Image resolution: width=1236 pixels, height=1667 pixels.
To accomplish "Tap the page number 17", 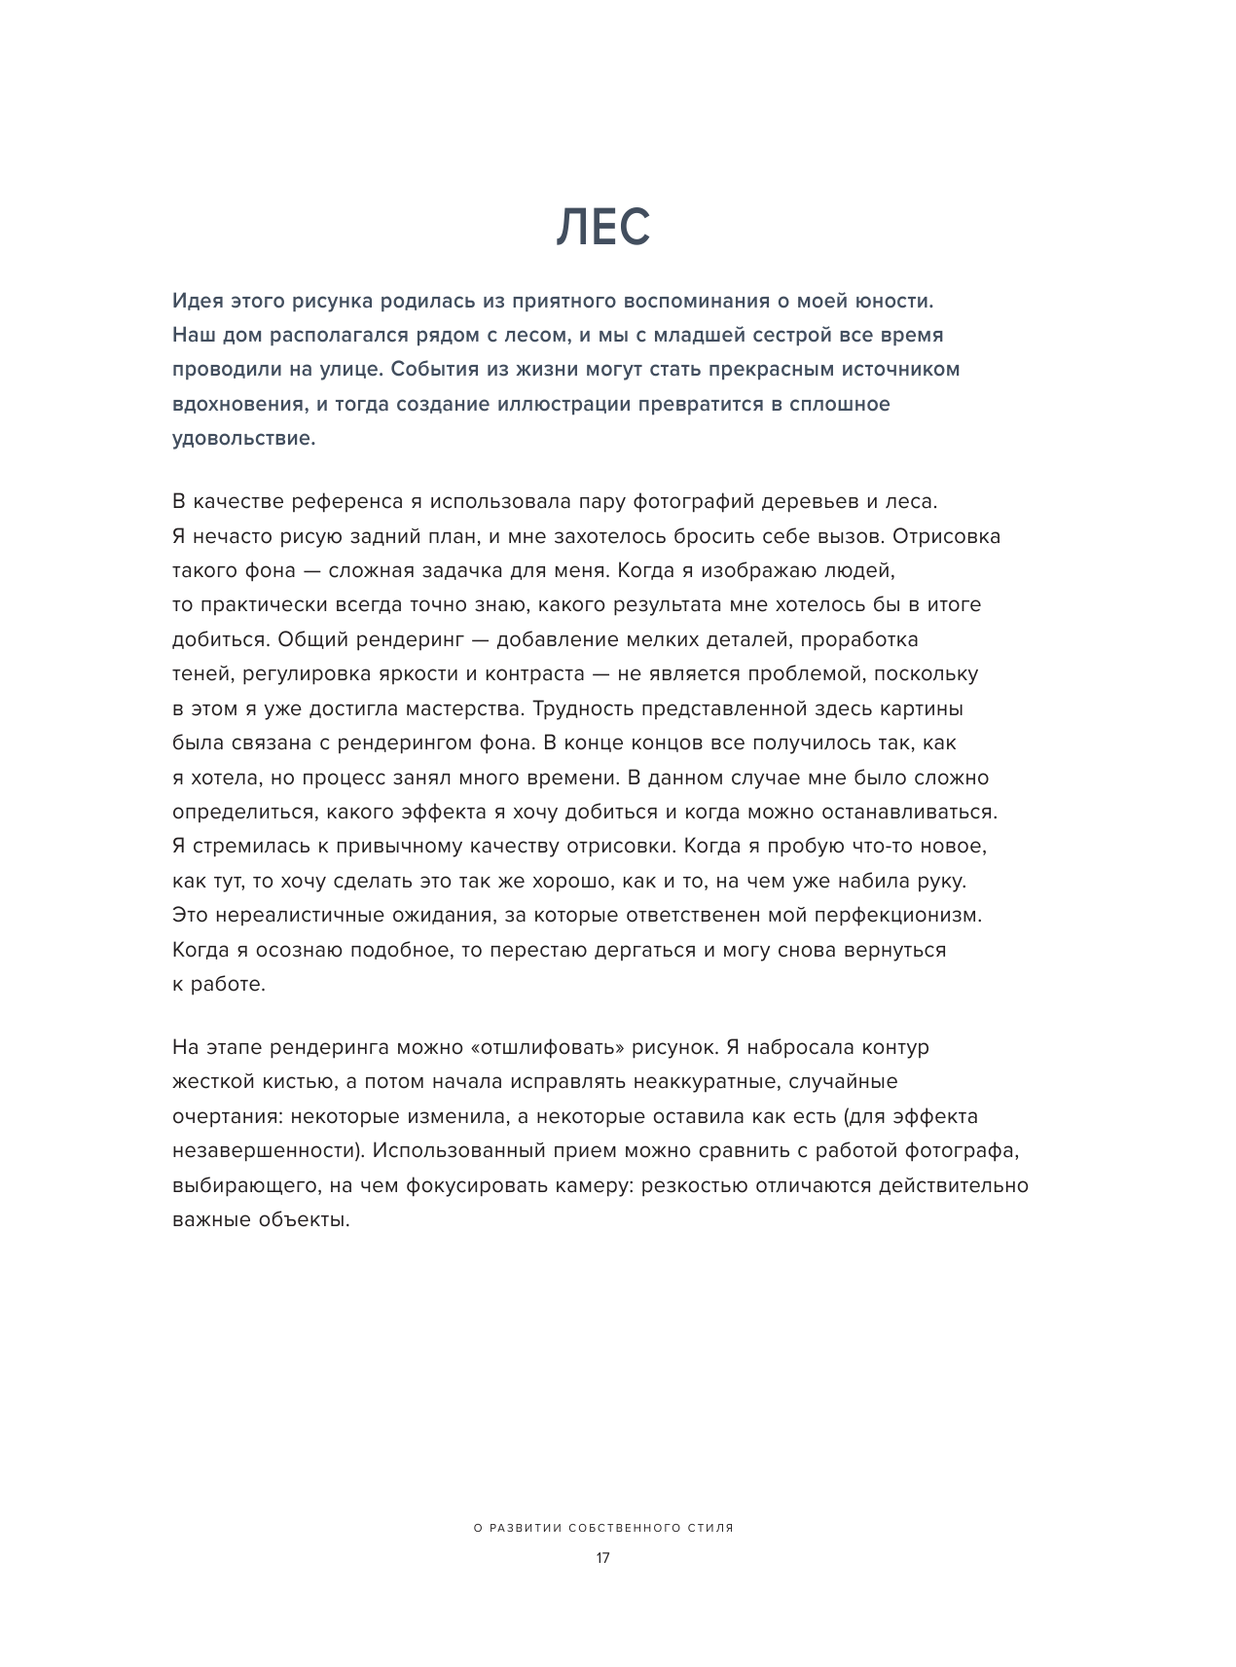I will (x=602, y=1558).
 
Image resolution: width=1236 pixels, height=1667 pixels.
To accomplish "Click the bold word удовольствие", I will (x=243, y=438).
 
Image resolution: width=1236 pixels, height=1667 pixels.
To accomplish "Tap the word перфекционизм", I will (x=898, y=916).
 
